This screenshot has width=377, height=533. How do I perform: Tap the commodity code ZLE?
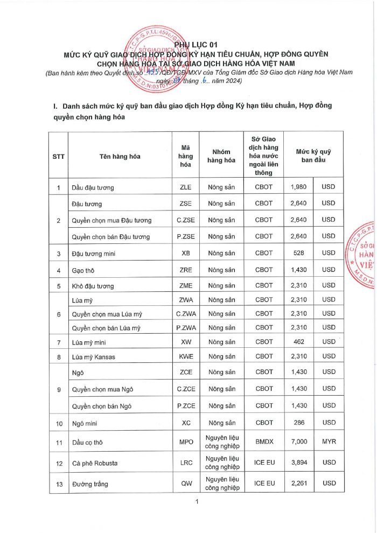pyautogui.click(x=185, y=187)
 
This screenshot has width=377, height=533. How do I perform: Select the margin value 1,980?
pyautogui.click(x=298, y=187)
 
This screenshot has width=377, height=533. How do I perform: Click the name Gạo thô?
pyautogui.click(x=83, y=269)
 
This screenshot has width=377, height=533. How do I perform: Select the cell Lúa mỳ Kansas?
pyautogui.click(x=94, y=357)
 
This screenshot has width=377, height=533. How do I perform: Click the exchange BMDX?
pyautogui.click(x=264, y=442)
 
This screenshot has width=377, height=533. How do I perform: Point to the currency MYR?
pyautogui.click(x=329, y=442)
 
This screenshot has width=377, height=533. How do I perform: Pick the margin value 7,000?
pyautogui.click(x=298, y=442)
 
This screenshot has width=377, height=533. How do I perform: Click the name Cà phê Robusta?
pyautogui.click(x=95, y=463)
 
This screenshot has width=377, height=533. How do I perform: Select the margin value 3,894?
pyautogui.click(x=298, y=462)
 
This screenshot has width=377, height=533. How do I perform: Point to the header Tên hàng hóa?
pyautogui.click(x=120, y=157)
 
